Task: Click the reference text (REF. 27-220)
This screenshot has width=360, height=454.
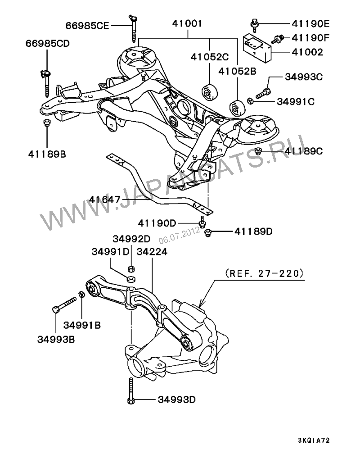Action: [x=263, y=273]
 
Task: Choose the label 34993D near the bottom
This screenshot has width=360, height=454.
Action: [x=176, y=400]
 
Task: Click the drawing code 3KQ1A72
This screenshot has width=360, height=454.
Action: [x=316, y=440]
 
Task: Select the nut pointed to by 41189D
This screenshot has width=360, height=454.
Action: [x=207, y=232]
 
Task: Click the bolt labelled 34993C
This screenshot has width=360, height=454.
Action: [x=262, y=95]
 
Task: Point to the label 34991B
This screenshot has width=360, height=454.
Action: [x=82, y=325]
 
